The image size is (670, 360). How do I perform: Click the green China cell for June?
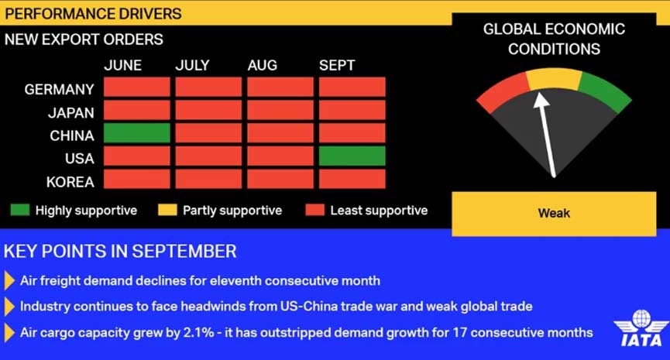click(x=137, y=133)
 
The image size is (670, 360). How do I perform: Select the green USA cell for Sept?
click(x=352, y=156)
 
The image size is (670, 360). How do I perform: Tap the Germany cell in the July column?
click(x=208, y=87)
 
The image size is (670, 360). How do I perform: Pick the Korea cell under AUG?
click(x=280, y=179)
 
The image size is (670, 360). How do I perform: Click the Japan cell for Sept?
click(x=352, y=110)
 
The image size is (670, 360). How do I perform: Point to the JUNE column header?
click(x=123, y=65)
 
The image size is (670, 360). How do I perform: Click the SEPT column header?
click(x=337, y=65)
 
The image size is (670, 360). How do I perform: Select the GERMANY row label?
click(x=59, y=89)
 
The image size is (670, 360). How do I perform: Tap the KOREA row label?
click(x=70, y=182)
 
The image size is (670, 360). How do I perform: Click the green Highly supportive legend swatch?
click(x=20, y=210)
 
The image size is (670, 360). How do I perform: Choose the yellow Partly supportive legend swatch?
click(x=167, y=210)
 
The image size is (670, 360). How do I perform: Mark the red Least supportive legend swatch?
click(x=315, y=210)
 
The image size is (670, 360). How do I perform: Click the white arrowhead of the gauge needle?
click(x=541, y=100)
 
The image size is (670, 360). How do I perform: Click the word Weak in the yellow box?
click(x=554, y=213)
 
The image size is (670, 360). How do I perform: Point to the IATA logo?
click(x=641, y=328)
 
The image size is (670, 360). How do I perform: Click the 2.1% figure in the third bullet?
click(x=199, y=333)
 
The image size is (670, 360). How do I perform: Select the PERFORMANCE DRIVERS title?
click(x=93, y=14)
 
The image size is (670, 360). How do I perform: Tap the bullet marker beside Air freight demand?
click(x=9, y=281)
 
